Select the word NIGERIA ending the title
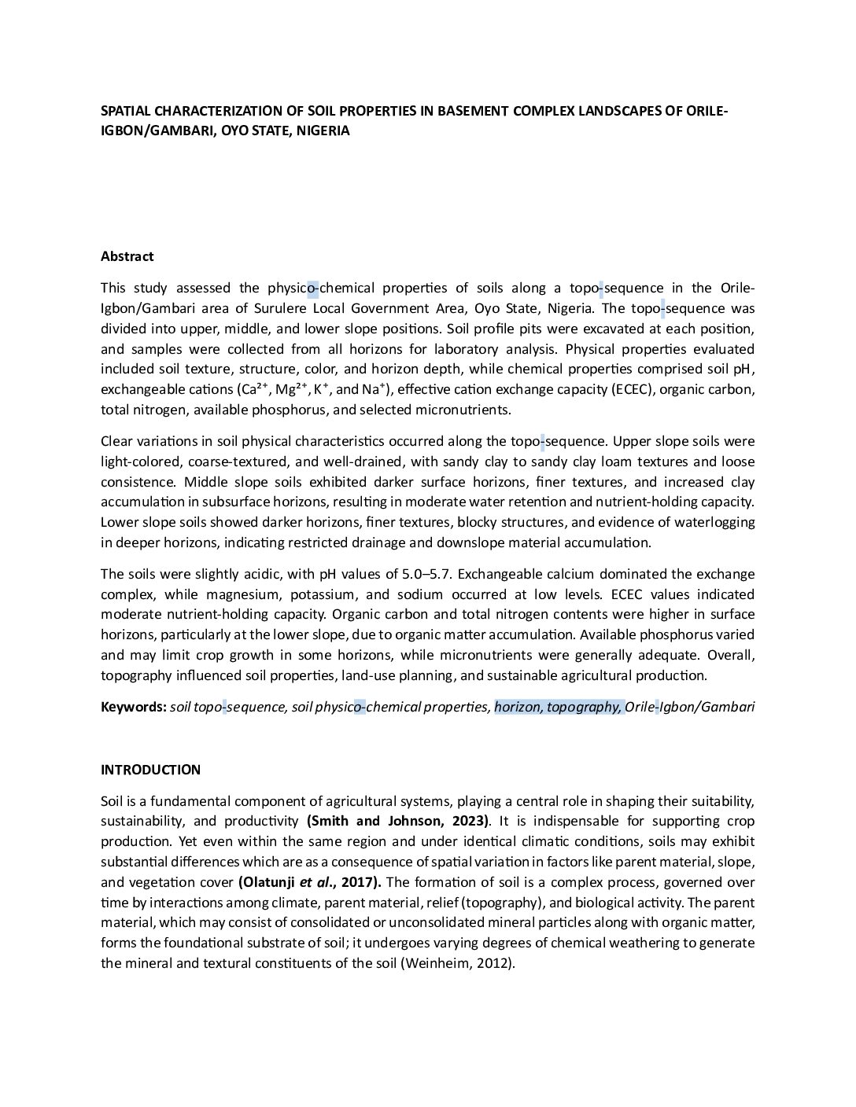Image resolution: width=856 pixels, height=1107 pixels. click(x=321, y=131)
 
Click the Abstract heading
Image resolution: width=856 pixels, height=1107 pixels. click(x=127, y=256)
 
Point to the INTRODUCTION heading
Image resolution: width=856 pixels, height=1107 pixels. click(x=150, y=770)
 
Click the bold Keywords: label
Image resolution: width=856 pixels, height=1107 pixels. click(x=133, y=707)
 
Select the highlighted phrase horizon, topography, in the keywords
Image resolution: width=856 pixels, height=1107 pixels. click(x=559, y=707)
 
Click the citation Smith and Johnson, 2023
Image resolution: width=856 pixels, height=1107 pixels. click(x=398, y=822)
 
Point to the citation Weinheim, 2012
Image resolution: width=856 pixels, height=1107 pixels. click(x=457, y=963)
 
